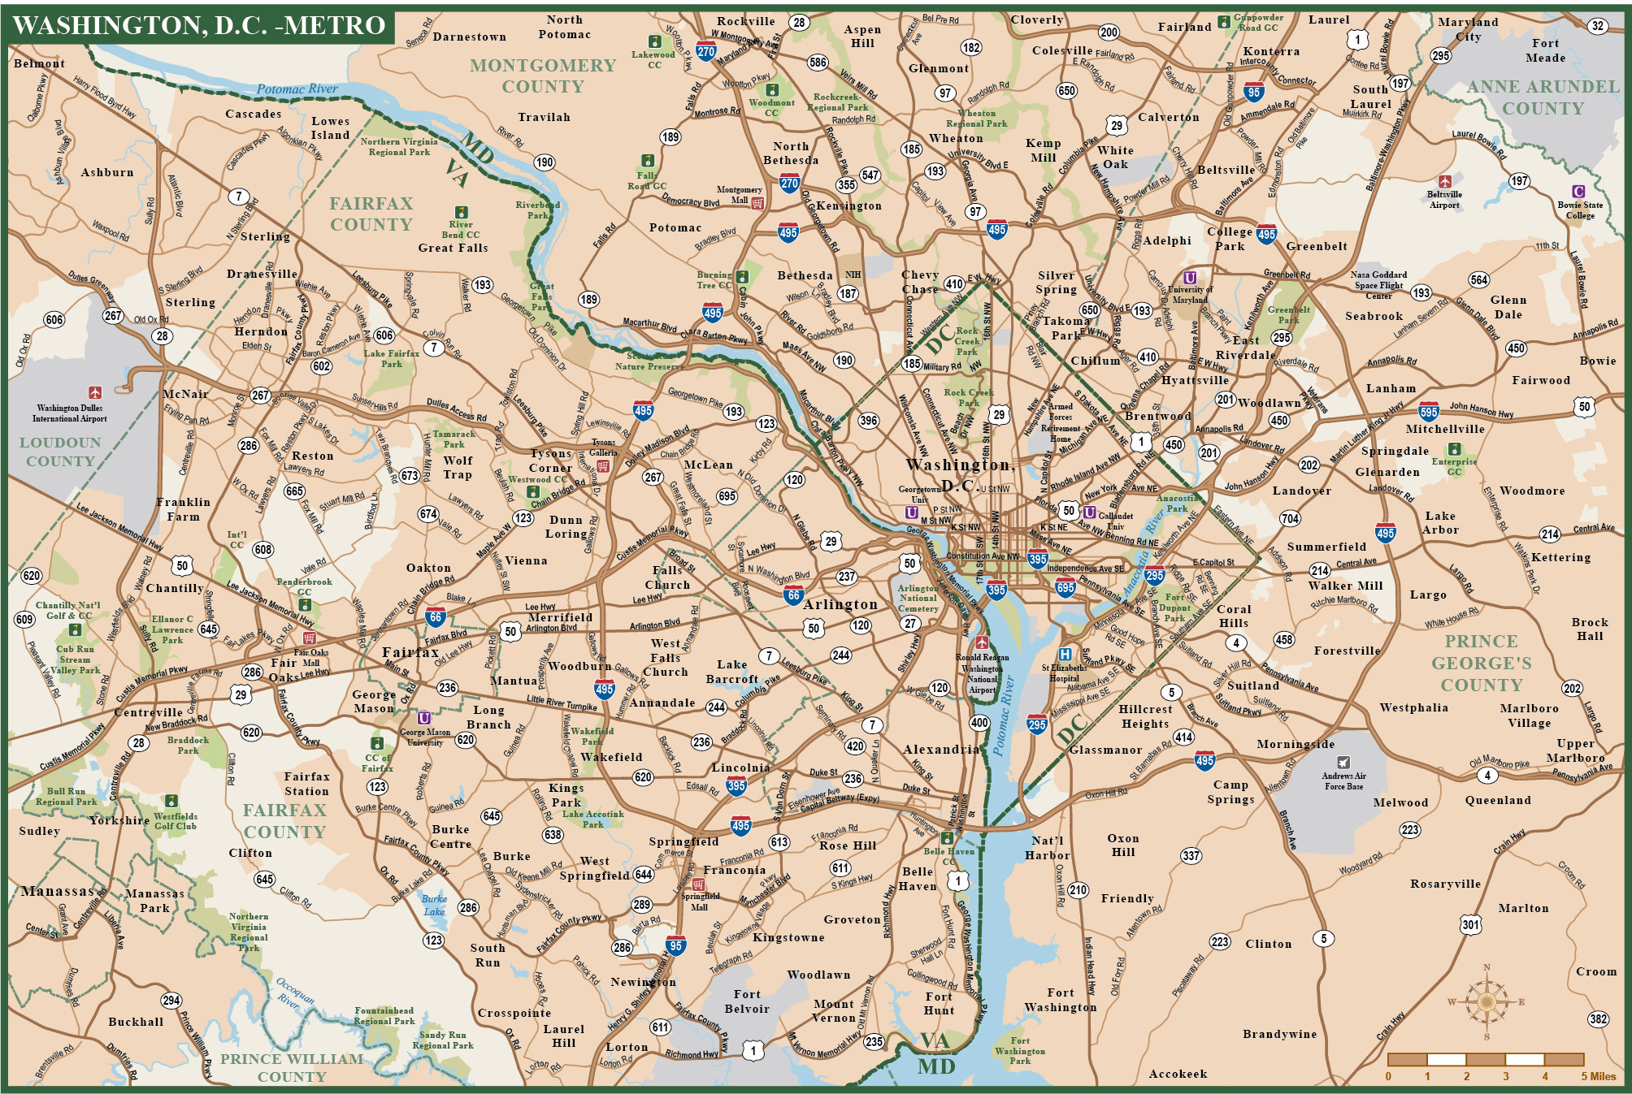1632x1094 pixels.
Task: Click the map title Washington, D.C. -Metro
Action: point(199,25)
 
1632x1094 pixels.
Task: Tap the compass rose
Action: point(1487,1001)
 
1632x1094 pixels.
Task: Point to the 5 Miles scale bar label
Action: point(1598,1076)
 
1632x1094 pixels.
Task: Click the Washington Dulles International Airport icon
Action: point(95,393)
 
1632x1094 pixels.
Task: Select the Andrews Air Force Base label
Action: point(1343,781)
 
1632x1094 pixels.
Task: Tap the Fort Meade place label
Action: point(1545,50)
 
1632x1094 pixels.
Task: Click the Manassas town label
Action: point(59,891)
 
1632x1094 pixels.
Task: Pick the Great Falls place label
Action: point(453,248)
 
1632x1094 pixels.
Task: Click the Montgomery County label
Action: point(543,76)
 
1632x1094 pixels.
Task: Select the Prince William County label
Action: point(292,1067)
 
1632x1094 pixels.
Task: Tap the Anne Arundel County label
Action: point(1543,97)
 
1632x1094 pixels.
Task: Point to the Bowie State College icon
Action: point(1578,192)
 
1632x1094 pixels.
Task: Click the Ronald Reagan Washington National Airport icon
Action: point(982,642)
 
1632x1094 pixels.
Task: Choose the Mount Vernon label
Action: point(834,1010)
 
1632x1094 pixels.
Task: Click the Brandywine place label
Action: point(1279,1034)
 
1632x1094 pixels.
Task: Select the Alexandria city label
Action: point(941,749)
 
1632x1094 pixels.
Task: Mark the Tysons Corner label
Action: point(551,461)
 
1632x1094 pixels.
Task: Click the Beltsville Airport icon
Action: point(1444,181)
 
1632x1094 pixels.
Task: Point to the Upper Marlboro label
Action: point(1575,750)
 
